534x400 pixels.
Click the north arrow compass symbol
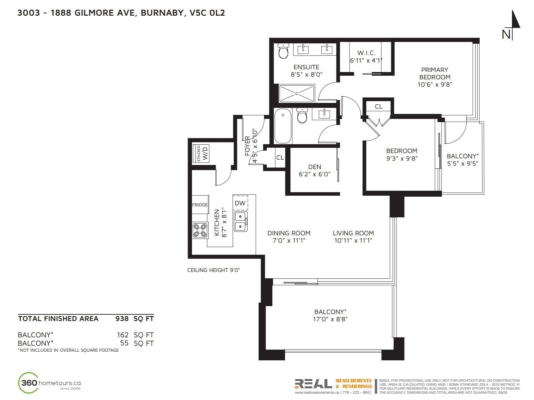tap(512, 25)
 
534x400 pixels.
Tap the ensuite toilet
tap(283, 51)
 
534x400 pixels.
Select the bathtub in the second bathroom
tap(283, 126)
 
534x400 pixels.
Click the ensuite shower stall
tap(297, 94)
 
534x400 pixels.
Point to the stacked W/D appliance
tap(201, 153)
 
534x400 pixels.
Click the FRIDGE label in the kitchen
tap(200, 205)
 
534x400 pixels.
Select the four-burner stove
tap(200, 230)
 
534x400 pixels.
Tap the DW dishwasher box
tap(240, 203)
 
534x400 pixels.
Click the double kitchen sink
tap(241, 221)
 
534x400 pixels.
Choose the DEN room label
tap(315, 167)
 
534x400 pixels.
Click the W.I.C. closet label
tap(366, 53)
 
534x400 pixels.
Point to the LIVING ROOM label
tap(353, 233)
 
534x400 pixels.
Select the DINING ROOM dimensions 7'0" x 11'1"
tap(289, 240)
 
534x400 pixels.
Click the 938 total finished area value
tap(122, 319)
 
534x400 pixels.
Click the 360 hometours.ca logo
tap(49, 383)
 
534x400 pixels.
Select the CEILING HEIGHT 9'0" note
tap(213, 270)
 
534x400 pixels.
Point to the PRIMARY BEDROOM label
tap(435, 73)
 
